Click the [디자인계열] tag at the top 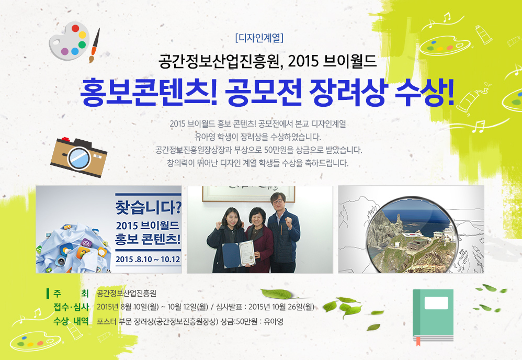(x=259, y=38)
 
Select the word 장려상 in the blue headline (x=348, y=92)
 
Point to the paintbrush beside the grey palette (x=94, y=46)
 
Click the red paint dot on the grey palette (x=75, y=28)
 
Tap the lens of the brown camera (x=79, y=157)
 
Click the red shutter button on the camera (x=66, y=139)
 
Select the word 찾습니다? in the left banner (x=149, y=207)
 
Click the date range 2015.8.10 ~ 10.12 (x=148, y=259)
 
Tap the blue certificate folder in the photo (x=231, y=255)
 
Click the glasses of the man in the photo (x=277, y=201)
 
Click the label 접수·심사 (x=71, y=307)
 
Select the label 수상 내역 (x=71, y=321)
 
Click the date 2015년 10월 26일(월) (x=281, y=307)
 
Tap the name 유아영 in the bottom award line (x=274, y=322)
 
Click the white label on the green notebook (x=436, y=303)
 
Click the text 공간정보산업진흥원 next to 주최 (x=127, y=294)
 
